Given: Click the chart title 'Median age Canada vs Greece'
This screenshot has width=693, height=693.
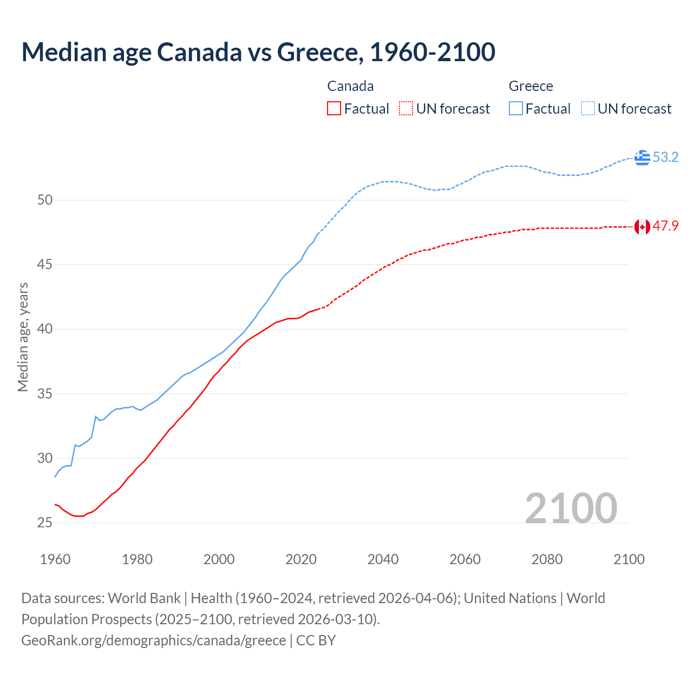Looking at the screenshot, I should click(x=258, y=52).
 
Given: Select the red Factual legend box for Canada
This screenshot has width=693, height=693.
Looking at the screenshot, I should click(x=334, y=109).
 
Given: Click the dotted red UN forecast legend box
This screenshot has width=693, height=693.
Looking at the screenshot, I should click(x=406, y=109).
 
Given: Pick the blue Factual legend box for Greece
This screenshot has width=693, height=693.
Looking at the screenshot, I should click(x=516, y=109).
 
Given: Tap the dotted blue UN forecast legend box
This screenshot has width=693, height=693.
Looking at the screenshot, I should click(x=588, y=109).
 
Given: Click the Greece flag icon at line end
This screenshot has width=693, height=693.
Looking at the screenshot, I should click(x=642, y=158).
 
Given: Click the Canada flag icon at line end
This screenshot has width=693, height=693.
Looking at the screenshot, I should click(x=642, y=226).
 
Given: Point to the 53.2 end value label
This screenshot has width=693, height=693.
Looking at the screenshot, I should click(x=665, y=158).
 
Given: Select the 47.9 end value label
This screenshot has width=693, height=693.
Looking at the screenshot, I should click(x=665, y=226).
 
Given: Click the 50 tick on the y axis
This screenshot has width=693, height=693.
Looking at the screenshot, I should click(x=45, y=200).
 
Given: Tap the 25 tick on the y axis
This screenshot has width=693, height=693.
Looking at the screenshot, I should click(x=45, y=523).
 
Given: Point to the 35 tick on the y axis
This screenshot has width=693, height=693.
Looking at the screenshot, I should click(x=45, y=394).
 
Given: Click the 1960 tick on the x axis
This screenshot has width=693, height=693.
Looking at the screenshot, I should click(x=55, y=559).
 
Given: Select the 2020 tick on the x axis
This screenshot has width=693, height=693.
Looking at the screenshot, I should click(x=301, y=559).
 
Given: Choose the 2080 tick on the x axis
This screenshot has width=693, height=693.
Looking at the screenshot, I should click(x=547, y=559).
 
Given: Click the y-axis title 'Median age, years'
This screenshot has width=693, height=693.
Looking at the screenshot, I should click(x=23, y=337).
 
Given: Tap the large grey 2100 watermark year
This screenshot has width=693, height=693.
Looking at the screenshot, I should click(x=571, y=508).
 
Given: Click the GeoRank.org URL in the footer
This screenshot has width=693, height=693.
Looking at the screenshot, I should click(x=153, y=640).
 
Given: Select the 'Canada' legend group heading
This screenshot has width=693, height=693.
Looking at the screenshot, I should click(x=350, y=86).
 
